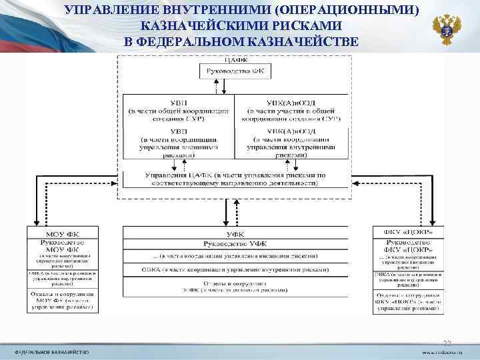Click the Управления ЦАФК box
[x=235, y=179]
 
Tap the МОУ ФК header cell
[x=62, y=233]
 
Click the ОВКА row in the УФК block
[x=235, y=270]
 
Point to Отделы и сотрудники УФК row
[x=235, y=287]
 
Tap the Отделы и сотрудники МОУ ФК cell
[x=62, y=300]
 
